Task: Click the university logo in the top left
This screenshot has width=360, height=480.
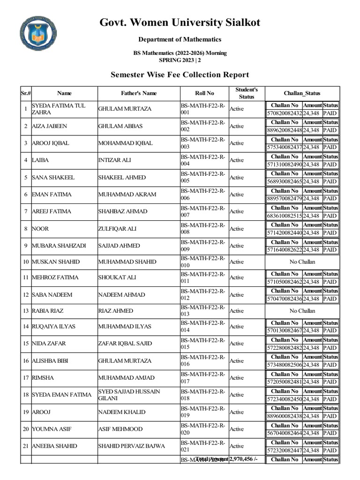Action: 40,34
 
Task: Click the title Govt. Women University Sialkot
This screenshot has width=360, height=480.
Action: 180,22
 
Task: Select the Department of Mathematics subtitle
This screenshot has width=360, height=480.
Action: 180,40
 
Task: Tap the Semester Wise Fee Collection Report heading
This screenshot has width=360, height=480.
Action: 180,75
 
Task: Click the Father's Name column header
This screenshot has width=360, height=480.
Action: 138,93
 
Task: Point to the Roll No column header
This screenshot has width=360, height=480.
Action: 204,93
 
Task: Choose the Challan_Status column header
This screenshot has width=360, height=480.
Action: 302,93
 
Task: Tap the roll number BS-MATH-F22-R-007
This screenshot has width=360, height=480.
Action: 202,211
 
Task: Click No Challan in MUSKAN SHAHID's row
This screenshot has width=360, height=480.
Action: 302,262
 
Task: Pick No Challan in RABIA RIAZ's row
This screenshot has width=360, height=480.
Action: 302,311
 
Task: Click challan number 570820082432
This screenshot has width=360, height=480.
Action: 284,113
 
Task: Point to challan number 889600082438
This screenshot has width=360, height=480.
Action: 284,416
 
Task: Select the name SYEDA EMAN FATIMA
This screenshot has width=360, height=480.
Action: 61,395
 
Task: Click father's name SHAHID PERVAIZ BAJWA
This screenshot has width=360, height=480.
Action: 132,446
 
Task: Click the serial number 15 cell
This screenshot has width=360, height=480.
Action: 25,344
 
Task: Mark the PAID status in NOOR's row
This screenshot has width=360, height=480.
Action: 330,232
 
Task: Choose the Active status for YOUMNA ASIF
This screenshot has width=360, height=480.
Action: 237,429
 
